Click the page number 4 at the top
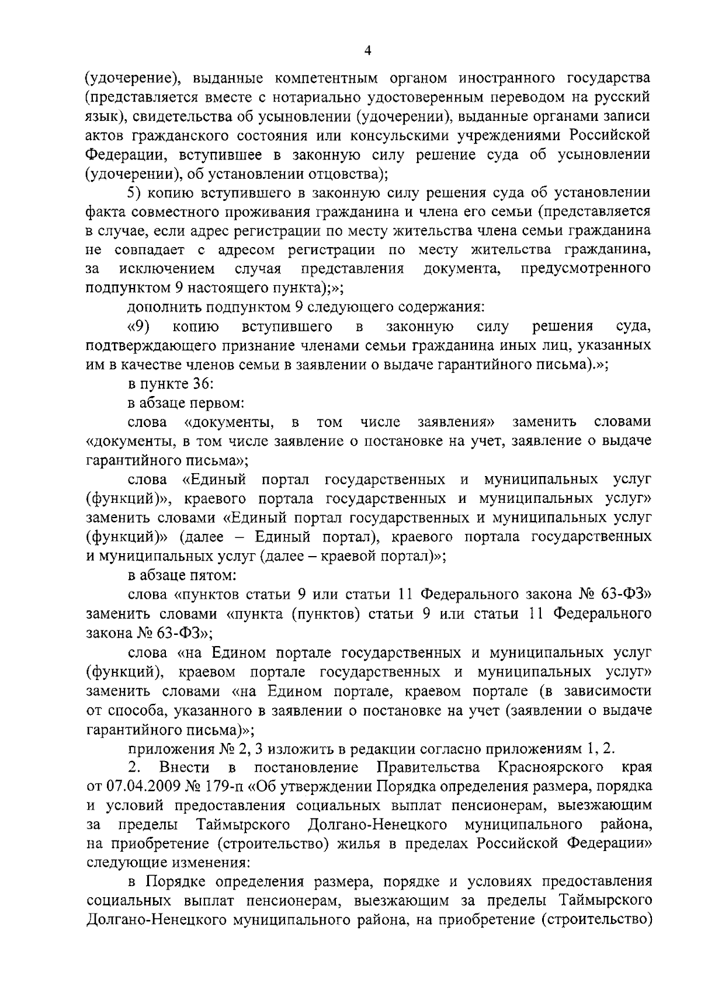pyautogui.click(x=367, y=51)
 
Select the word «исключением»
pyautogui.click(x=166, y=269)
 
